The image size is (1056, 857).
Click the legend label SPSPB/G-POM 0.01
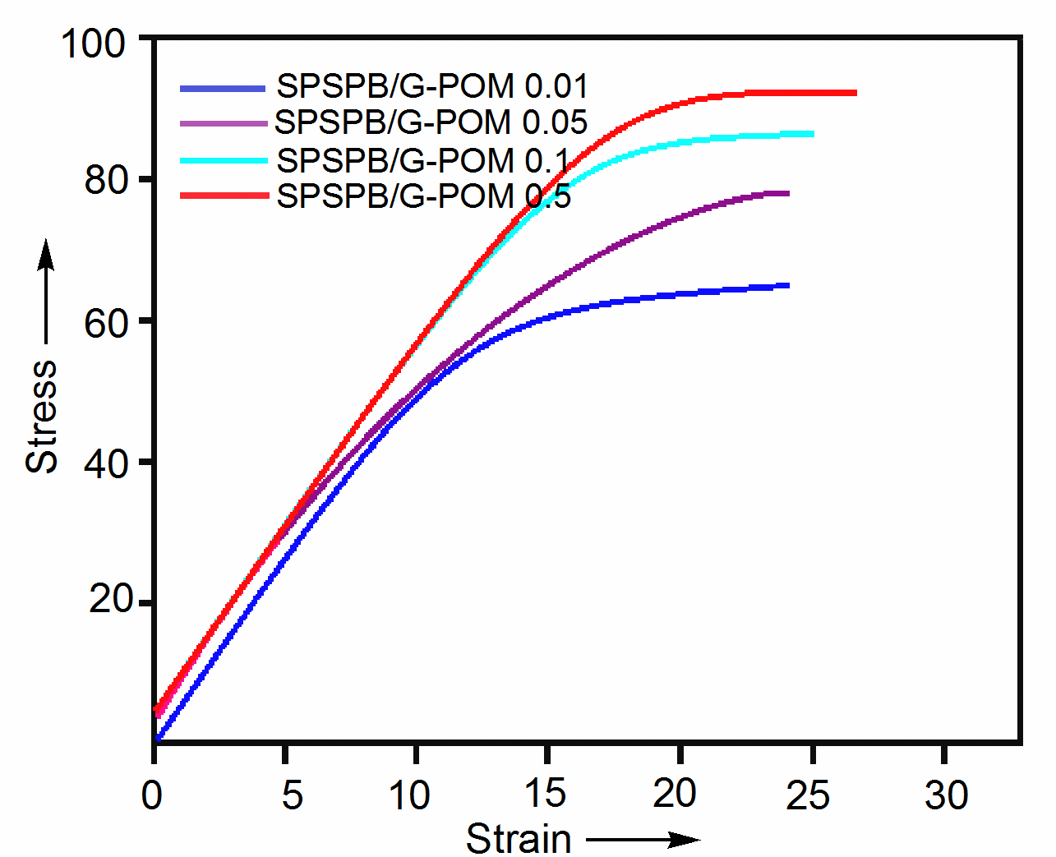click(x=432, y=86)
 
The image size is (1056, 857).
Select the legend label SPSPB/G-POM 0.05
click(x=431, y=122)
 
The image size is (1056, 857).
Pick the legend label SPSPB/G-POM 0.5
click(x=423, y=196)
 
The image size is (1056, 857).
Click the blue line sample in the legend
click(x=223, y=88)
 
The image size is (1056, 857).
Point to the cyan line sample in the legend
click(x=223, y=160)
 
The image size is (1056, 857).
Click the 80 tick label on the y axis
click(x=106, y=180)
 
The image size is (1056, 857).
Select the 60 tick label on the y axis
click(x=106, y=323)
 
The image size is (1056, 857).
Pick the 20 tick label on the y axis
click(x=110, y=600)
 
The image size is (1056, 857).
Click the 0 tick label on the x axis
click(x=152, y=795)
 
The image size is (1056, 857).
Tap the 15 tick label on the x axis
click(x=545, y=794)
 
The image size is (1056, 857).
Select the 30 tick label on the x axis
click(x=946, y=795)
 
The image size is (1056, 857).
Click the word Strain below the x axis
click(x=519, y=839)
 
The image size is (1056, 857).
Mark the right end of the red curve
click(x=855, y=93)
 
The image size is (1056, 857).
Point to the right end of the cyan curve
click(x=813, y=134)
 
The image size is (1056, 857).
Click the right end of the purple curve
click(x=788, y=193)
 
